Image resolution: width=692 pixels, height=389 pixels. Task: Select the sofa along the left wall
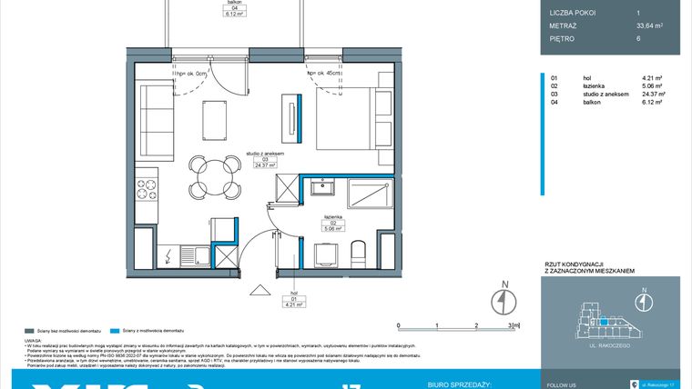(x=154, y=119)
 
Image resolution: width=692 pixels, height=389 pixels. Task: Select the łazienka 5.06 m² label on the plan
(x=332, y=224)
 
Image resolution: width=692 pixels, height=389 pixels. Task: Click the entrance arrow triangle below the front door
(x=261, y=290)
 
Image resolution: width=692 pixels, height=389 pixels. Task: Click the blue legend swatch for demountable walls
(x=113, y=331)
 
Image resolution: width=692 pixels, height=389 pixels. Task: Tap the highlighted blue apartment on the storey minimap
(x=602, y=320)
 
